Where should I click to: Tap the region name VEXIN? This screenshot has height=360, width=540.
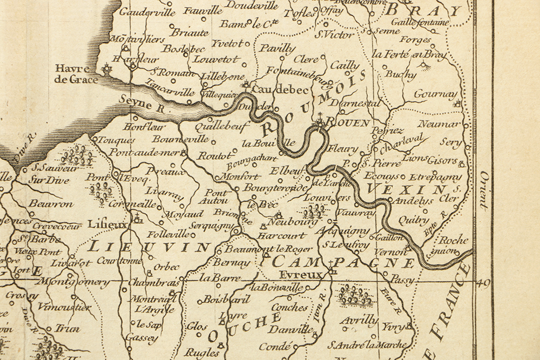[406, 189]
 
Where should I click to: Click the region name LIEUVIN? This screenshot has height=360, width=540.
[148, 247]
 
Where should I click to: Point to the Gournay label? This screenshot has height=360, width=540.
[435, 94]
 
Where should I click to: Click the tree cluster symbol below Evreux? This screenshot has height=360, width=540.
[355, 295]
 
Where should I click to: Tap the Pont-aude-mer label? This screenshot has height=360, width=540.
[144, 152]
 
